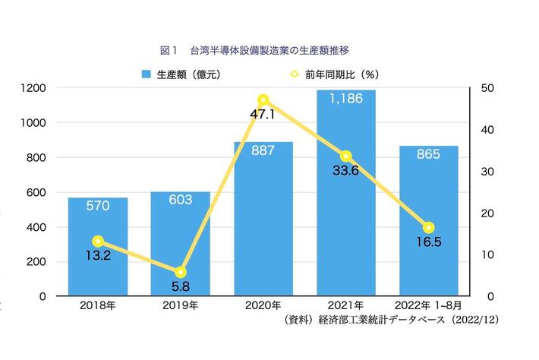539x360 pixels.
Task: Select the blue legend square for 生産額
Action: click(147, 74)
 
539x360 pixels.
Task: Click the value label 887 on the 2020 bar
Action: click(263, 150)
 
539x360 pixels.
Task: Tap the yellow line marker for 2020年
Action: click(263, 100)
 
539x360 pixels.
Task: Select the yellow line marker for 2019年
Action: click(180, 272)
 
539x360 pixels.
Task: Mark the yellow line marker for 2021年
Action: click(345, 156)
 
